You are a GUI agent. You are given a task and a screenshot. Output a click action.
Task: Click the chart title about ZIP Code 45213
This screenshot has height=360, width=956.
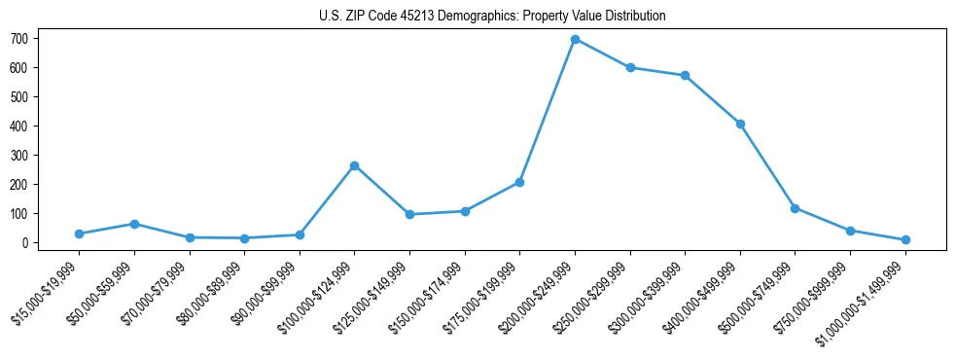(x=492, y=16)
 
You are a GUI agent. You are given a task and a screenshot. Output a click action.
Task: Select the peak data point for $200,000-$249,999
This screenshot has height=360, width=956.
(x=575, y=40)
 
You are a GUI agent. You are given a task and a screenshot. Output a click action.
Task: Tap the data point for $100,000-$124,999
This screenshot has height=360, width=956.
(x=355, y=165)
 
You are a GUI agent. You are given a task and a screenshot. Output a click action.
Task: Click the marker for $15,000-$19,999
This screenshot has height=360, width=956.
(x=79, y=234)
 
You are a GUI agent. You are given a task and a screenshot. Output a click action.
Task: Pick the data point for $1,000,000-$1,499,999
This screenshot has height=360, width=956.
(x=905, y=239)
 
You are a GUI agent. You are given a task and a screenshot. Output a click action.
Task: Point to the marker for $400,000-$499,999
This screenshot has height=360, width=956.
(x=740, y=124)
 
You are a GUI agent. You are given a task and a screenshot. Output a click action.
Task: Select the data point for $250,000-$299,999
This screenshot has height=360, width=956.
(x=630, y=68)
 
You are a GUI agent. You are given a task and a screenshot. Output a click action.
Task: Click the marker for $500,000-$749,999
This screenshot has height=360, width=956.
(x=796, y=208)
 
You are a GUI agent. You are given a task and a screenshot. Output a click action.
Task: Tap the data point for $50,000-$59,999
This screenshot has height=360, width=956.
(x=134, y=224)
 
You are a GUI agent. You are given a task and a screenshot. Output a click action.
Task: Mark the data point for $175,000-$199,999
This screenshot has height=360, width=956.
(x=520, y=182)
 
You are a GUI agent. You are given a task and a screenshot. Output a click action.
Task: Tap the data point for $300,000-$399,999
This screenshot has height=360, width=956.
(x=686, y=76)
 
